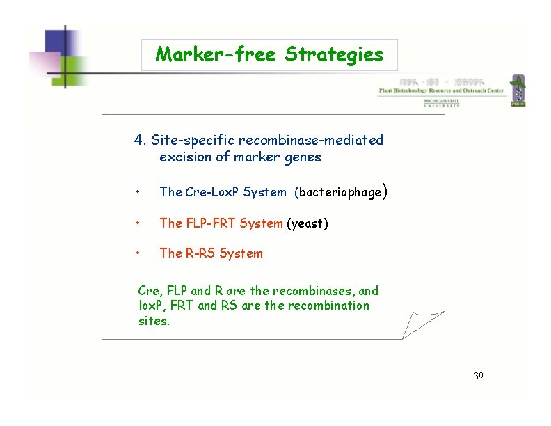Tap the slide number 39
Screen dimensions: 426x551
478,376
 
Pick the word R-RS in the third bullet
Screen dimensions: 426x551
200,253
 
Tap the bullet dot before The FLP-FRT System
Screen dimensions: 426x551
140,224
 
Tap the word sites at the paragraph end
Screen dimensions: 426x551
153,321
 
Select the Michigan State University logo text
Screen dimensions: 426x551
442,103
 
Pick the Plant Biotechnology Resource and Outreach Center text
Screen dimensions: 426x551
442,90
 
